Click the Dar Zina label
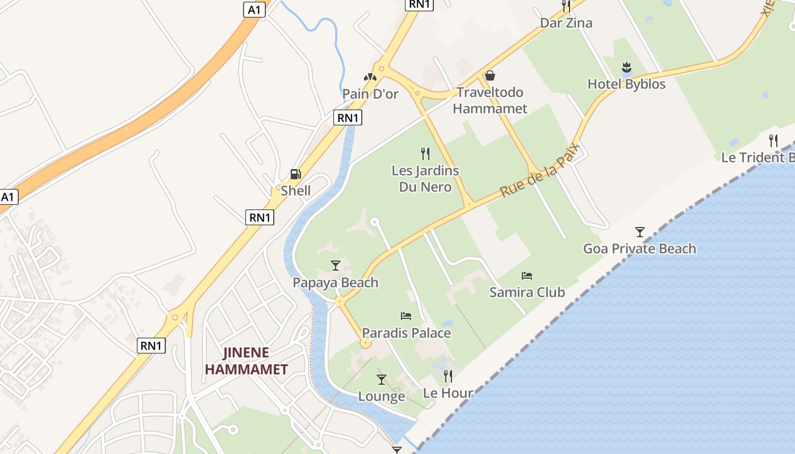click(566, 23)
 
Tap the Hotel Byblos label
click(626, 84)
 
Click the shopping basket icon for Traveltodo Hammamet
click(490, 75)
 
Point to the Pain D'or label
click(370, 94)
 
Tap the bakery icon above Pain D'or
click(370, 77)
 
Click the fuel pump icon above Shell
click(295, 174)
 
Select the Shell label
click(295, 191)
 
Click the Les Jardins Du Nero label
click(425, 179)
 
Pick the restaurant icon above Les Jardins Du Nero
click(425, 153)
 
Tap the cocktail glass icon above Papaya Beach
click(336, 266)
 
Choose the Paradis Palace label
click(407, 333)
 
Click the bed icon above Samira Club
click(527, 276)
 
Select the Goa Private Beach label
click(640, 249)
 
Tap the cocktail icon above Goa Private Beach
click(640, 232)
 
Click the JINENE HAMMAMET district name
click(246, 361)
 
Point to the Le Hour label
click(448, 393)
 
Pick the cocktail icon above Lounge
click(382, 379)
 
